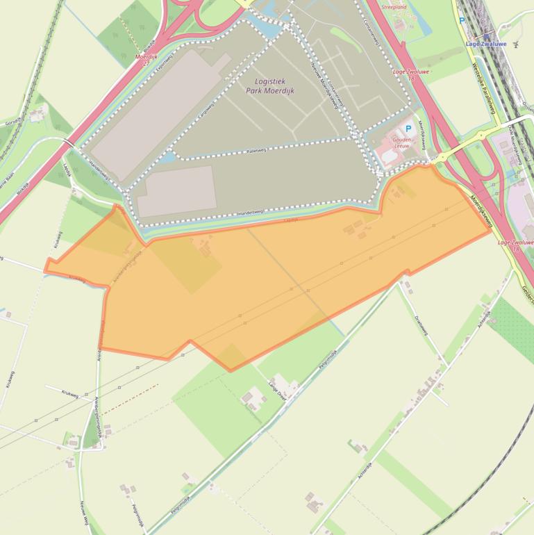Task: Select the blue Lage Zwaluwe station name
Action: [486, 44]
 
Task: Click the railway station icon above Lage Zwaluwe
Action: [486, 35]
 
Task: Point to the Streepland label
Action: [393, 8]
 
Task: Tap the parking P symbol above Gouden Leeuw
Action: [408, 129]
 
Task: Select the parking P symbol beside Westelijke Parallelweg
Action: [462, 22]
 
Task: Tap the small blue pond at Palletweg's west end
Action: [167, 157]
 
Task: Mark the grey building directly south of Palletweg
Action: [176, 190]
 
